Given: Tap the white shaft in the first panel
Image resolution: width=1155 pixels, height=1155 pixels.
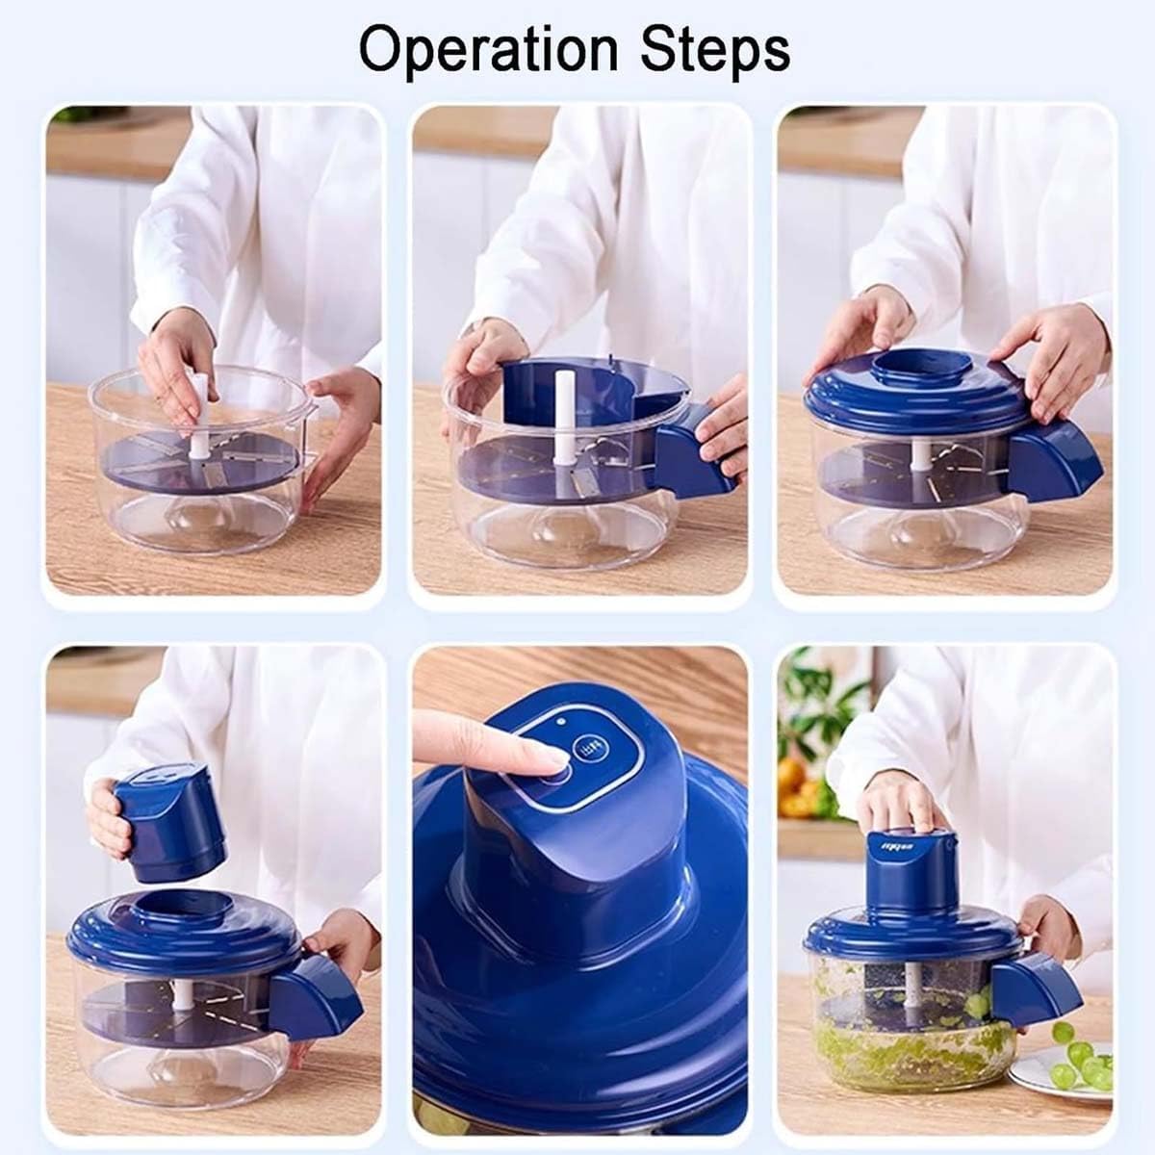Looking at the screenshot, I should pyautogui.click(x=199, y=414).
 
